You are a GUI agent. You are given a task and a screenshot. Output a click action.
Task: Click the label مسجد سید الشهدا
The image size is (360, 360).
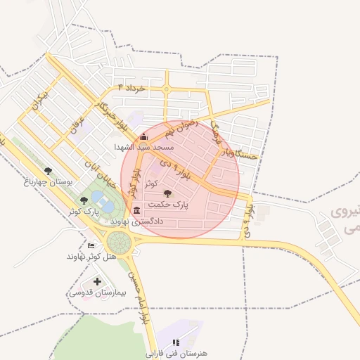(x=144, y=148)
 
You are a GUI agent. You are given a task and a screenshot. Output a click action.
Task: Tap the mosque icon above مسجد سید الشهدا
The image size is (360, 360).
(x=144, y=137)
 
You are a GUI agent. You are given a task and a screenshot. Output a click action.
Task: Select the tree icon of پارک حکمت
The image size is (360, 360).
(x=167, y=193)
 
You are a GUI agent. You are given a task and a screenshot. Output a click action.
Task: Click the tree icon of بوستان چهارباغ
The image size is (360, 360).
(x=48, y=171)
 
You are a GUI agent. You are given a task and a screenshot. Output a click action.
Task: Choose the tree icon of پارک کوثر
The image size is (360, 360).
(x=84, y=200)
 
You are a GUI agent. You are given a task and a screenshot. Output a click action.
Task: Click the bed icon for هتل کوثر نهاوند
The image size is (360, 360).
(x=91, y=245)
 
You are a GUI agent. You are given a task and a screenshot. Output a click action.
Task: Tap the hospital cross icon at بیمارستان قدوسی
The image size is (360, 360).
(x=96, y=282)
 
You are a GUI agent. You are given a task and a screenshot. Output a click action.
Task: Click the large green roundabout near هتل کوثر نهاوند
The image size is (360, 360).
(x=119, y=244)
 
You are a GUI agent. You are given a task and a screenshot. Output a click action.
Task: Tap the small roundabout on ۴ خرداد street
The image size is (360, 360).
(x=167, y=89)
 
